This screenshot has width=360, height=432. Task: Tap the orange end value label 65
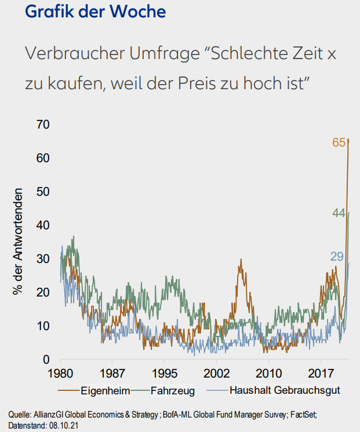[339, 142]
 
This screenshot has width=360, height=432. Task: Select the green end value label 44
[339, 214]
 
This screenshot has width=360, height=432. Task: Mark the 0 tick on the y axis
[47, 360]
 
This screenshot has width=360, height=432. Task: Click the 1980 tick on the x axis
[61, 373]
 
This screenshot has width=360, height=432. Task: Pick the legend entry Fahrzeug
[173, 390]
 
